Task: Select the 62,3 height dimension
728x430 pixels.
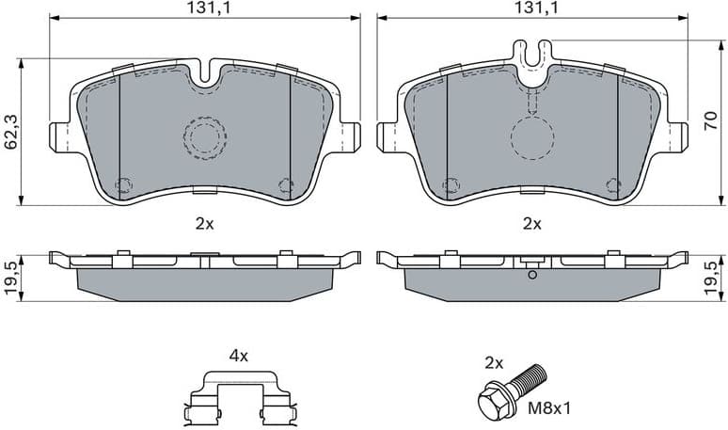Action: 11,133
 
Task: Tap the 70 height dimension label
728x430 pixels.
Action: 713,120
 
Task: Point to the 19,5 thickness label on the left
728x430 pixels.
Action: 11,279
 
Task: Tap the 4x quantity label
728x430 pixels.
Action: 239,356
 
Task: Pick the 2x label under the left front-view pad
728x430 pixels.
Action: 204,224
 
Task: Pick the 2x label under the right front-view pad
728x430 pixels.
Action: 533,224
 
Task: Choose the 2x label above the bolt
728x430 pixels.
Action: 494,361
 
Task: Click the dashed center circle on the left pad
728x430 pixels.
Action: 204,138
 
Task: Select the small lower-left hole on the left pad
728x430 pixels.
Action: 121,184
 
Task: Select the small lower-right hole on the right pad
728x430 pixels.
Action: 615,184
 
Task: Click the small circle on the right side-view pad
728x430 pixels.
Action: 532,275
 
